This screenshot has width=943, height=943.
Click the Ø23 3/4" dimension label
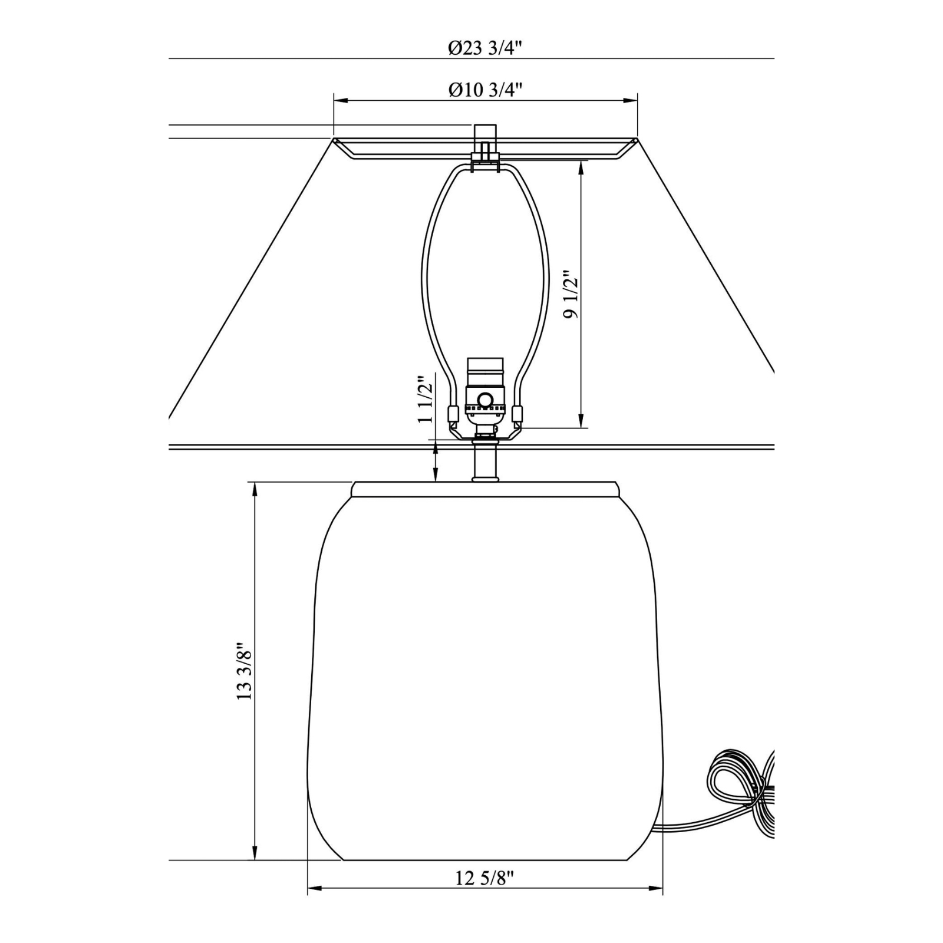[486, 49]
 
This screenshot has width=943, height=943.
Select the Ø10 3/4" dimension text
[486, 90]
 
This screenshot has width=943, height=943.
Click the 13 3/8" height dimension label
[244, 671]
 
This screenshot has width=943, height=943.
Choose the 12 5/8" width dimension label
[485, 895]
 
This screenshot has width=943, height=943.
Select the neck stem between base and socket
[484, 463]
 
